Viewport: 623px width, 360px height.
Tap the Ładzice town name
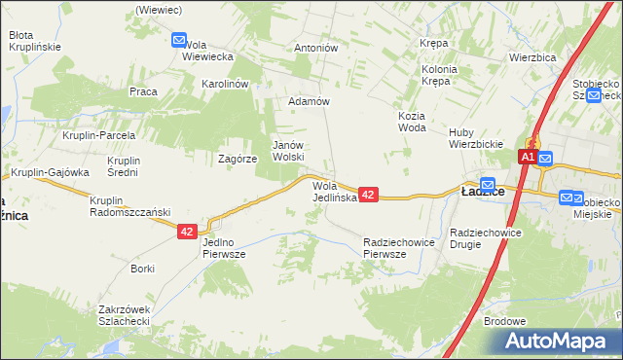(x=481, y=193)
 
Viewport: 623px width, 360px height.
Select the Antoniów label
(x=315, y=47)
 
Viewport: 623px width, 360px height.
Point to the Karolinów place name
(x=226, y=84)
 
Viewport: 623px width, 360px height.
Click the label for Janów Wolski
(x=288, y=150)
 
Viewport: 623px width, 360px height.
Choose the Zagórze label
(x=238, y=158)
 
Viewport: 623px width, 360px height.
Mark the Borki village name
(x=143, y=268)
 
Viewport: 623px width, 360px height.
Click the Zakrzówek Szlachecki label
(x=123, y=315)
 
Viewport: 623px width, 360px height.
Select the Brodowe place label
(x=504, y=321)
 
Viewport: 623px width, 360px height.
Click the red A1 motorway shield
(x=526, y=157)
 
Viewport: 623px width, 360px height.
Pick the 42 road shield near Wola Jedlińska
(x=368, y=195)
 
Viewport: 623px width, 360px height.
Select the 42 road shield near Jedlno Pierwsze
(x=188, y=232)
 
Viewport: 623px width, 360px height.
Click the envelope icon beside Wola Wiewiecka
(x=179, y=40)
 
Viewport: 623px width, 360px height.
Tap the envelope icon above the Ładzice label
(x=488, y=183)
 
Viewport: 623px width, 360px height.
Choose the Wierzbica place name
(x=531, y=57)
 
